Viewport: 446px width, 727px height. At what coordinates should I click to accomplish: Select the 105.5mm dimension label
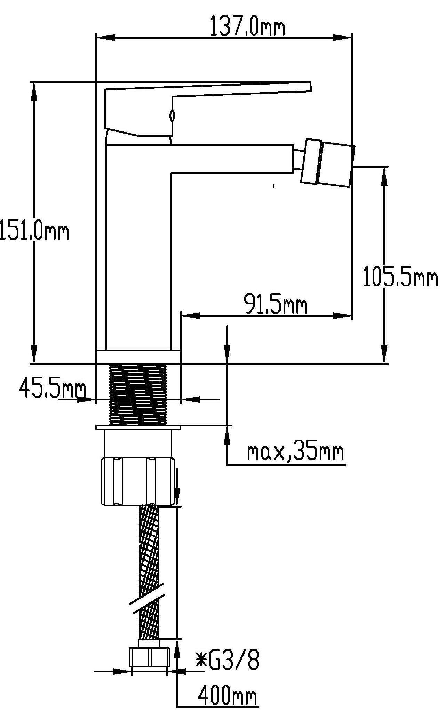coord(400,277)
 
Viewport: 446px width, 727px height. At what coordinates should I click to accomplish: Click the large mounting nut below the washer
coord(138,481)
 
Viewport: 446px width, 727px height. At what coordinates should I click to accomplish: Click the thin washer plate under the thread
coord(138,427)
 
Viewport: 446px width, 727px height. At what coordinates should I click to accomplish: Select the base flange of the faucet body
coord(138,357)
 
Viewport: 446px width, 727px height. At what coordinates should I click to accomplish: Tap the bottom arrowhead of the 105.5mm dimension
coord(384,354)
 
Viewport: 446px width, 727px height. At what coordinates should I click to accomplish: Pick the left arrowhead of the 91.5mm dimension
coord(191,316)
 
